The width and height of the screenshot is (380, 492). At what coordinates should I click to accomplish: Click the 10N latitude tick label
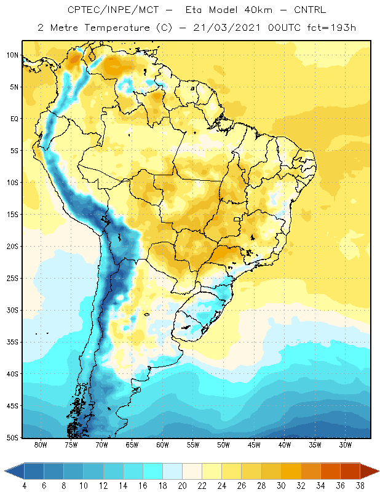point(13,55)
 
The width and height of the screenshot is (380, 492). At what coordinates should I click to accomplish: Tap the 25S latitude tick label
point(13,279)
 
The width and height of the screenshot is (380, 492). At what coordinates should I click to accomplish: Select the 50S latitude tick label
point(13,437)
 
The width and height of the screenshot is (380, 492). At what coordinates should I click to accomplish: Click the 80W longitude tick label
point(41,445)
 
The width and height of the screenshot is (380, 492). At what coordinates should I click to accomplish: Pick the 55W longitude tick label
point(193,445)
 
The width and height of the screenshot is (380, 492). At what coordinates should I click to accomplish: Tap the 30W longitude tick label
point(346,445)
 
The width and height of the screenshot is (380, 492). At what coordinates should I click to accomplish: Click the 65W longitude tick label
point(132,445)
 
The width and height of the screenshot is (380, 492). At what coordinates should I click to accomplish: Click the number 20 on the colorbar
point(182,486)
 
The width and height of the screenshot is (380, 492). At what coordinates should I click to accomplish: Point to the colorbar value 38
point(360,486)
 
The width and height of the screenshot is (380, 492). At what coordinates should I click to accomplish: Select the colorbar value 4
point(25,486)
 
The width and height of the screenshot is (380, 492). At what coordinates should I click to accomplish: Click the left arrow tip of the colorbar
point(5,471)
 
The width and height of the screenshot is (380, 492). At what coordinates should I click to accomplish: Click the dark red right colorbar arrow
point(370,471)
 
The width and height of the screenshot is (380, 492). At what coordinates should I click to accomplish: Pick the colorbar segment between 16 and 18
point(153,471)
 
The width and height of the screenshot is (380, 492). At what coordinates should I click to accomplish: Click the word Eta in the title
point(194,10)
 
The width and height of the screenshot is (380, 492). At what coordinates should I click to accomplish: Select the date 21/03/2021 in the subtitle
point(226,28)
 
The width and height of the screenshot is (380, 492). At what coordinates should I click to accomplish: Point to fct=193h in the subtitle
point(331,28)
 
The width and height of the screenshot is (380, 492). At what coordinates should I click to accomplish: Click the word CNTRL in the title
point(310,10)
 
